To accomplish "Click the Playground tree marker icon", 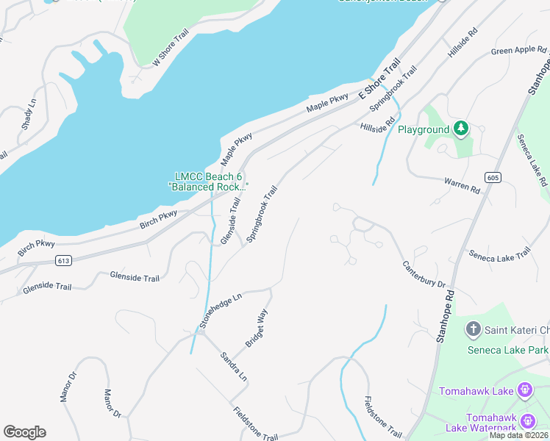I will coord(461,129).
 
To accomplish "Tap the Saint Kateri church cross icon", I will coord(473,330).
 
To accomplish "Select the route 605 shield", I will coord(493,177).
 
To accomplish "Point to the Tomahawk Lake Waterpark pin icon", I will coord(528,422).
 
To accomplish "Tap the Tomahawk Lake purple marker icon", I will coord(524,389).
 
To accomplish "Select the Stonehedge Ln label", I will coord(220,312).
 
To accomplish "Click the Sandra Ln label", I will coord(234,366).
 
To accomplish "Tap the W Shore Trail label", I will coord(171,49).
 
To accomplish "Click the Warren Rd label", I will coord(462,184).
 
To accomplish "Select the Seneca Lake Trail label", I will coord(499,254).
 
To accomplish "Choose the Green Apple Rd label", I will coord(519,51).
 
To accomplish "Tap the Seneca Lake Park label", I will coord(508,349).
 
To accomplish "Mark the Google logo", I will coord(24,432).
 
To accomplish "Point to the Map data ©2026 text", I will coord(518,435).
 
